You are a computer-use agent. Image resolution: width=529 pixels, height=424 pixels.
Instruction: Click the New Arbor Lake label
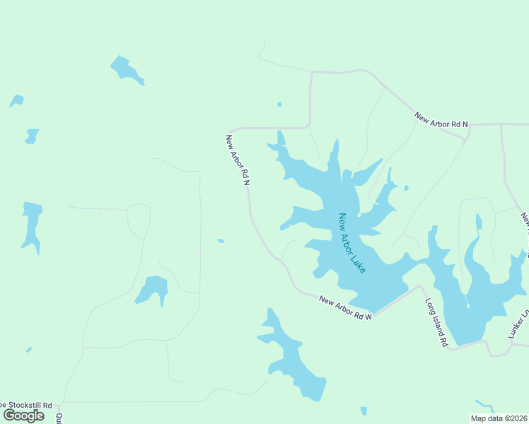[x=351, y=244]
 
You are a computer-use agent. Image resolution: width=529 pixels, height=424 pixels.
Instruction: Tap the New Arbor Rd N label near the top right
[x=441, y=119]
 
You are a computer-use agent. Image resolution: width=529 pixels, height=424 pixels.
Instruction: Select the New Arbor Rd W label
[x=345, y=309]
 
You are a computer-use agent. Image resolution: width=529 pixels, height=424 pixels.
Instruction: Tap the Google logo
[x=24, y=415]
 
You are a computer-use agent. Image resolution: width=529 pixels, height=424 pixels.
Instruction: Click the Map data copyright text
[x=499, y=418]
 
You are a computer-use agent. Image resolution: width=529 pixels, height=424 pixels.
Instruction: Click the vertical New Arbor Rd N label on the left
[x=238, y=160]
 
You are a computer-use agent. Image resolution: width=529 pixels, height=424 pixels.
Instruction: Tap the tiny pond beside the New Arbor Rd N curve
[x=221, y=241]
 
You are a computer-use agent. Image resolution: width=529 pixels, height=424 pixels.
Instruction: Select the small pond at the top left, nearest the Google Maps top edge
[x=127, y=69]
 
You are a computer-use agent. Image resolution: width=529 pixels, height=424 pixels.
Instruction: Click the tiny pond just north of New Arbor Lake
[x=279, y=105]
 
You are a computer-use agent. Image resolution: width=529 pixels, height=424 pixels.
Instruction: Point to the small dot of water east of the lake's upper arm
[x=406, y=188]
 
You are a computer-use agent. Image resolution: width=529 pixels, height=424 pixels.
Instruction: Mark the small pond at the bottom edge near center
[x=364, y=411]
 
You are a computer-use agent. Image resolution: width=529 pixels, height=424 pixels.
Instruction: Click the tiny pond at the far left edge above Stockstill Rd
[x=28, y=349]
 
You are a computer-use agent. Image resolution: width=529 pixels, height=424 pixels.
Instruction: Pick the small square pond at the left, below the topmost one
[x=32, y=136]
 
